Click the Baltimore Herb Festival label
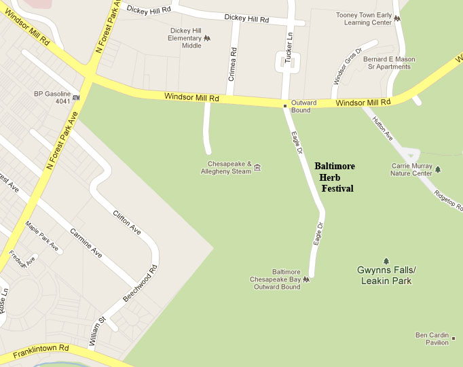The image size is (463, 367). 335,177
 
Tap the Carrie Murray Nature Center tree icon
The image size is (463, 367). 438,169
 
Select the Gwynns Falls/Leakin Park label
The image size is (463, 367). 386,275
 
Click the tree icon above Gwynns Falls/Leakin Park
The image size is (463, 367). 386,261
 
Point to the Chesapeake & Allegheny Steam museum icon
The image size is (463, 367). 257,168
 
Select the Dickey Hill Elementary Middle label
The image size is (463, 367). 185,38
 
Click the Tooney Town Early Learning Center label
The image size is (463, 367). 365,18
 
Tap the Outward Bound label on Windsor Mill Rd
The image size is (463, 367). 304,106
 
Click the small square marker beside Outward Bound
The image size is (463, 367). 285,105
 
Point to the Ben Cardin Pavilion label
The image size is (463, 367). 432,338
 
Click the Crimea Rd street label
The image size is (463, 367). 232,63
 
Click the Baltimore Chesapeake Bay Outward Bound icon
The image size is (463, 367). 307,279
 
